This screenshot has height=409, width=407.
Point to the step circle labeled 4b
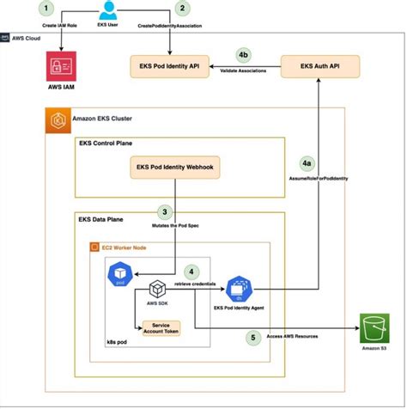244,56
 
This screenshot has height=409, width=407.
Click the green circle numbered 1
47,9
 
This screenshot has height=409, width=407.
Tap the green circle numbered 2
181,9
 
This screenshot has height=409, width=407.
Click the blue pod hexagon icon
118,274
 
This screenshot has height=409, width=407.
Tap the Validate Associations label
245,70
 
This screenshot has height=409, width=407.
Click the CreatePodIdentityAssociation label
183,27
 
